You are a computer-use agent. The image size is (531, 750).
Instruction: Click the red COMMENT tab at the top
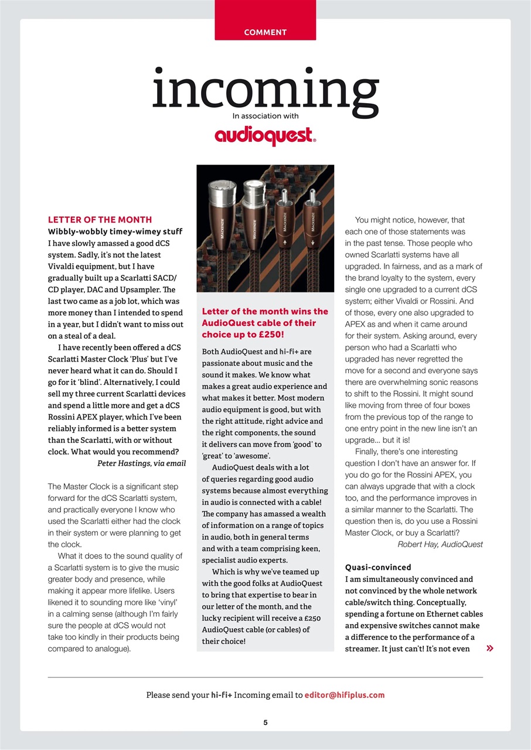tap(265, 32)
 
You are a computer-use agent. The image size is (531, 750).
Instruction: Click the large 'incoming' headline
tap(265, 93)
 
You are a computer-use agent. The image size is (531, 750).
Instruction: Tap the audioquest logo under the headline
tap(265, 136)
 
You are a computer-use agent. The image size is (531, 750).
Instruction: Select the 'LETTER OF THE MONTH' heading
tap(100, 220)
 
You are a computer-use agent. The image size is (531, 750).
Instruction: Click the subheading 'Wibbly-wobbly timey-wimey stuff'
tap(115, 231)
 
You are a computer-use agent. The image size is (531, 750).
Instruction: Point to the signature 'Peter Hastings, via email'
tap(141, 463)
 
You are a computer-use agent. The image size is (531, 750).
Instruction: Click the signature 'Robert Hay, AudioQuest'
tap(440, 544)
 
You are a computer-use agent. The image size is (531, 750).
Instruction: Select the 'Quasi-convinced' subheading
tap(378, 567)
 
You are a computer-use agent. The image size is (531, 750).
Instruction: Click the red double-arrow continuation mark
tap(489, 649)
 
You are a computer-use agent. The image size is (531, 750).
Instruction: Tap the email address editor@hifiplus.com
tap(345, 695)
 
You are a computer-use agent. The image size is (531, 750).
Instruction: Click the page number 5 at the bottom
tap(265, 722)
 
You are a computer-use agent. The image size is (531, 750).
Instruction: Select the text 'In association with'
tap(265, 116)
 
